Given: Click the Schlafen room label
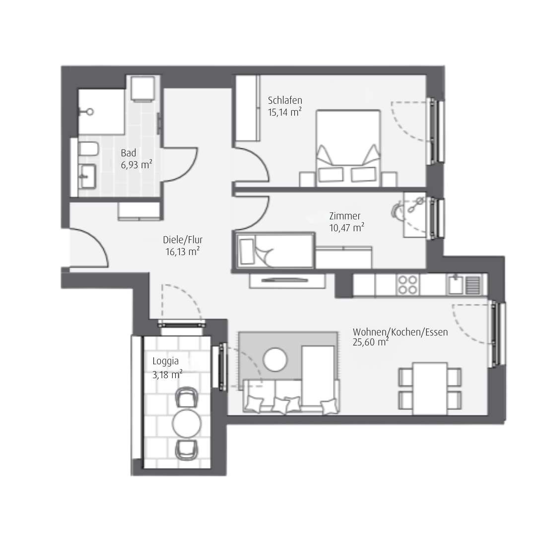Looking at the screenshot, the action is click(285, 100).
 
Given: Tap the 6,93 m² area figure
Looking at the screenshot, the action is click(136, 165).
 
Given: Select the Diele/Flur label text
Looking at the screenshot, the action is click(183, 240).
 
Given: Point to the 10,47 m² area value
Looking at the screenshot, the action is click(346, 227).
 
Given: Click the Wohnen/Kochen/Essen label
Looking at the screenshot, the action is click(400, 332).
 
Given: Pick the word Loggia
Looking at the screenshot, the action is click(165, 361).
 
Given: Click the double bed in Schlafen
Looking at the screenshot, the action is click(348, 148).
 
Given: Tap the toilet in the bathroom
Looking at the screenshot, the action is click(88, 149).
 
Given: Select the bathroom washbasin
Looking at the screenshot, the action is click(87, 176).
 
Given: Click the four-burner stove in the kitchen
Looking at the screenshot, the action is click(407, 285).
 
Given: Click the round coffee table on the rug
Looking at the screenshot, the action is click(275, 360).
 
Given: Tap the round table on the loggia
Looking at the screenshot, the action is click(187, 423).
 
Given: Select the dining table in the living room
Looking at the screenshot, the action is click(430, 389).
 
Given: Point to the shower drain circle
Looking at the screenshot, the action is click(90, 112).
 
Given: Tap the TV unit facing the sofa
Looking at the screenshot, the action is click(287, 280).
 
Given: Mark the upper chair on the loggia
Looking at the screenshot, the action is click(187, 397).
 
